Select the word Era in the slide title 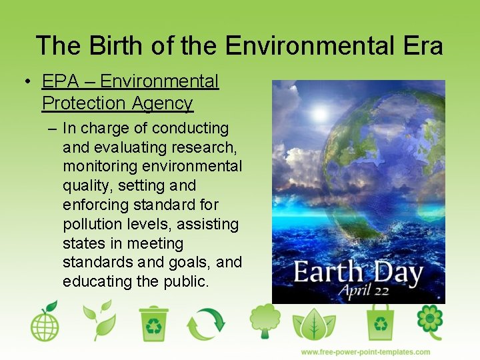(423, 46)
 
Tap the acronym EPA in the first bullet (61, 81)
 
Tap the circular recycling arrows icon (206, 323)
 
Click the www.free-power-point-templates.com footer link (365, 352)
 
